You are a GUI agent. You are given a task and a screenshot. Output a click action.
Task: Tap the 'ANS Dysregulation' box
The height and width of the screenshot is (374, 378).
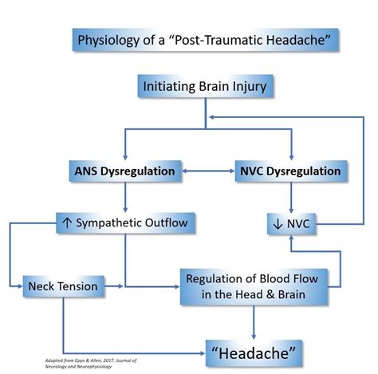point(124,171)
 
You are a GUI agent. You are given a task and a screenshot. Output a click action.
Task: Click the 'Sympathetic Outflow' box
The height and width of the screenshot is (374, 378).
point(124,222)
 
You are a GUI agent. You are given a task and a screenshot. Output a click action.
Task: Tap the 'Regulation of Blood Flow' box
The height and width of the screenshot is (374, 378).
point(254,286)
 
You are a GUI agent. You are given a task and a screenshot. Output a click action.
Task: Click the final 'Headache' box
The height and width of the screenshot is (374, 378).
point(254,349)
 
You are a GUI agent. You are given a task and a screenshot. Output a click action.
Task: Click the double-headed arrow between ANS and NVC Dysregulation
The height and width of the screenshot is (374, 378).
point(207,171)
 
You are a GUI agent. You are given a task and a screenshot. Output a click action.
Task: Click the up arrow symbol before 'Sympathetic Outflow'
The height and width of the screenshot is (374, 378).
point(67,222)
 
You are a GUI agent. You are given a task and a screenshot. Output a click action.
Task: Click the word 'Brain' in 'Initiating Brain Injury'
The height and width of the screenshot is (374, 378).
point(222,86)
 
